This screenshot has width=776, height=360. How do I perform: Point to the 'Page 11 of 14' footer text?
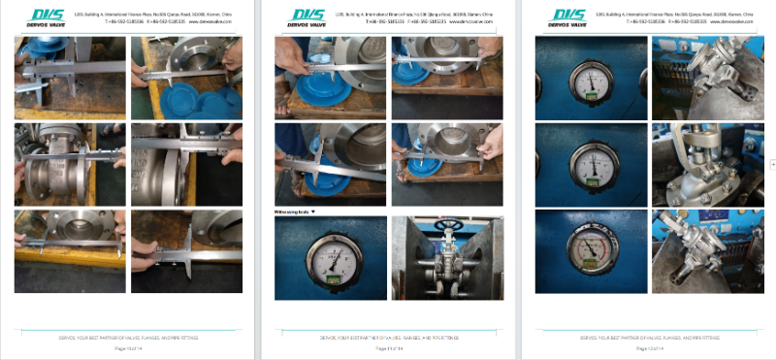[388, 347]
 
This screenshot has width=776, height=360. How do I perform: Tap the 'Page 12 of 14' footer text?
[649, 347]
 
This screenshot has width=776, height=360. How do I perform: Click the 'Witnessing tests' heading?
[296, 211]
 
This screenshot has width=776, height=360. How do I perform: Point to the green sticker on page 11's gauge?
[330, 283]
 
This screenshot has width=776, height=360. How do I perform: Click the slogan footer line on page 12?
[649, 337]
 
